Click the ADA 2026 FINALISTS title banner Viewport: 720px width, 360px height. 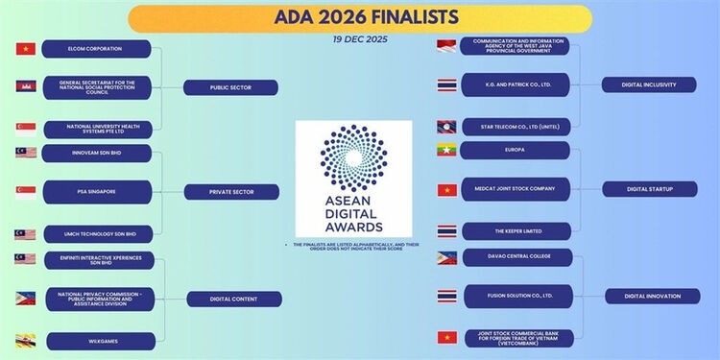359,18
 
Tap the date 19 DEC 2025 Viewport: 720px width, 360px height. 359,40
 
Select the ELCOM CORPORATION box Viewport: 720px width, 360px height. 96,49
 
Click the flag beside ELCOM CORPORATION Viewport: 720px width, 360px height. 26,49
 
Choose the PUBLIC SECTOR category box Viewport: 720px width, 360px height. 231,87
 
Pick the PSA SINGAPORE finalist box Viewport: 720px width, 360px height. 96,191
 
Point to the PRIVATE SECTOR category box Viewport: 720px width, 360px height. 231,192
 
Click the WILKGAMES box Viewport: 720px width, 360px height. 96,339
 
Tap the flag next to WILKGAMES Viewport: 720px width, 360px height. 26,339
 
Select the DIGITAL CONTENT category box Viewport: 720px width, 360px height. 233,299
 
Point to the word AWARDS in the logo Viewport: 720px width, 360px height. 353,228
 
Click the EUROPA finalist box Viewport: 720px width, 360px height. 515,150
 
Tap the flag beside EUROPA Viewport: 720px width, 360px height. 446,150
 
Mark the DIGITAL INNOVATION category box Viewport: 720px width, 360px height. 652,296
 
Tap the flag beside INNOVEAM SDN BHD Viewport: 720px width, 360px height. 26,153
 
